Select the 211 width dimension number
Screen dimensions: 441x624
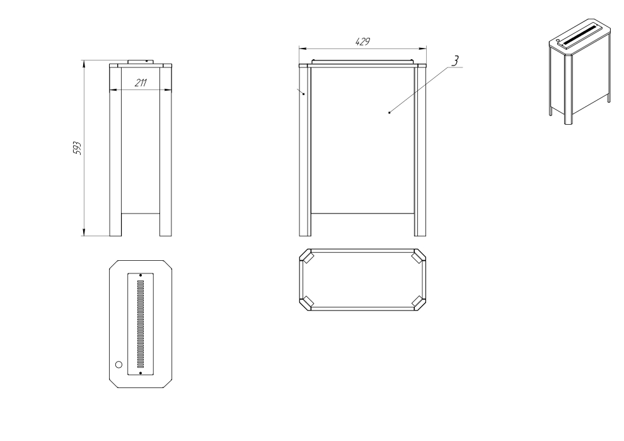click(140, 82)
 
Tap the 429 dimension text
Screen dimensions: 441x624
click(362, 41)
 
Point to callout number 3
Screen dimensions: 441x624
click(455, 60)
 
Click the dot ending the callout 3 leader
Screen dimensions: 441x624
click(390, 113)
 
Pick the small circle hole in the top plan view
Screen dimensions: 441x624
click(118, 365)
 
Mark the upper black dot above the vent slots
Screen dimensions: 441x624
click(140, 275)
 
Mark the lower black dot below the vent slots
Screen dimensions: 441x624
click(140, 373)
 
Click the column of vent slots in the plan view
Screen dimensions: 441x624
click(140, 324)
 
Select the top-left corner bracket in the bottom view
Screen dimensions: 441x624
click(307, 258)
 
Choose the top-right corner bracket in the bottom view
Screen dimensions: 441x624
click(418, 258)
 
